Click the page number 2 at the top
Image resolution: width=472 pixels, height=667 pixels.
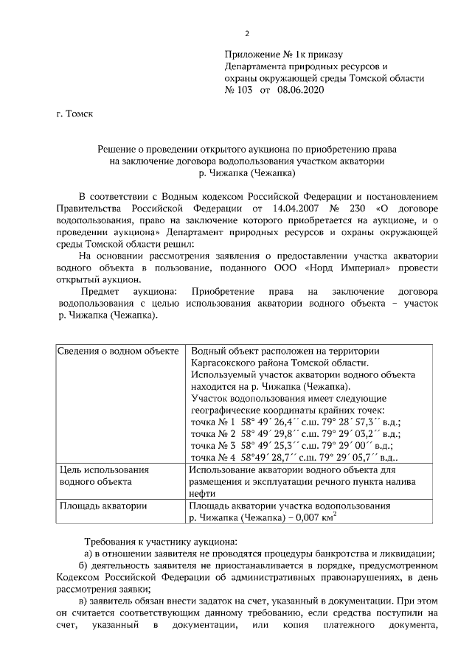(x=247, y=33)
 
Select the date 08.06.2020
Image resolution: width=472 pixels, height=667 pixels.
(x=300, y=89)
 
